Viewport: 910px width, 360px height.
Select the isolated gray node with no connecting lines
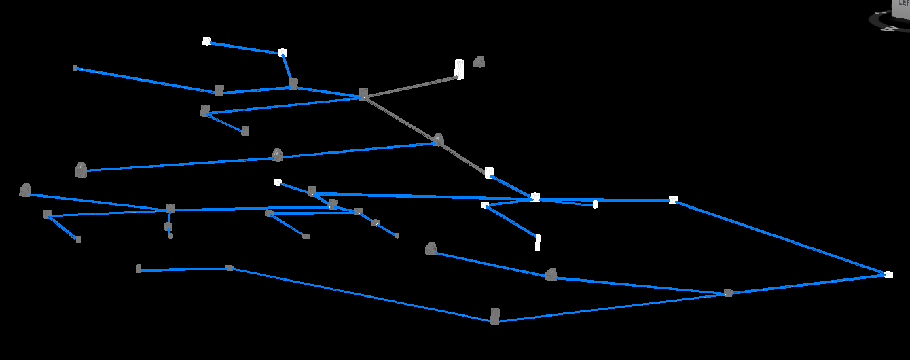point(479,62)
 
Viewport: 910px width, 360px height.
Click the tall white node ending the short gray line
point(459,69)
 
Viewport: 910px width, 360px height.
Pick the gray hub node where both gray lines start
point(363,94)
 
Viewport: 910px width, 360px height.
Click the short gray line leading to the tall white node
point(411,86)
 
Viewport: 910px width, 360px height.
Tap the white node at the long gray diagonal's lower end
point(489,173)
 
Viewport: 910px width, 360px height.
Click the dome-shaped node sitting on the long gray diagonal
point(438,140)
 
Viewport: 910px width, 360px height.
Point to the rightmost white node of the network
point(888,274)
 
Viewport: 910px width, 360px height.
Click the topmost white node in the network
point(206,41)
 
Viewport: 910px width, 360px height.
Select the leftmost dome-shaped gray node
point(25,191)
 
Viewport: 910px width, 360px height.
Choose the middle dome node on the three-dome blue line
point(277,156)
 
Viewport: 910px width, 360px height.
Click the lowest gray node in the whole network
point(495,317)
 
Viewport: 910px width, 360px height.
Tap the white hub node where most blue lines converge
point(535,197)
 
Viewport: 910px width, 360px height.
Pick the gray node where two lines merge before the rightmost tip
point(728,293)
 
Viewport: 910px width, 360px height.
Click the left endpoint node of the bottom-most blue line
point(139,269)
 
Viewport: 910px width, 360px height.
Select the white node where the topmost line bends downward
point(283,52)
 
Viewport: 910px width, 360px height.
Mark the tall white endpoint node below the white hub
point(538,242)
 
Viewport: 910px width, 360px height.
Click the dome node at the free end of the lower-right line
point(431,249)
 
